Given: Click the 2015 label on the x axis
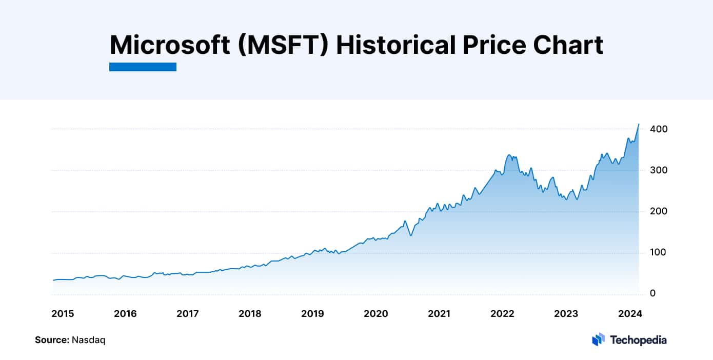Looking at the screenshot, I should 63,313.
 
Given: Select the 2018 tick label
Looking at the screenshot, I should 250,313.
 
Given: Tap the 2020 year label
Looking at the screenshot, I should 375,313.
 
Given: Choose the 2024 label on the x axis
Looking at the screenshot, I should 628,313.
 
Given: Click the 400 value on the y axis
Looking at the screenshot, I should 658,129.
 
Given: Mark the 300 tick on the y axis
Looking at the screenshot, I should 658,170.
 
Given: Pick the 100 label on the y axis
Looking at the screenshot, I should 658,253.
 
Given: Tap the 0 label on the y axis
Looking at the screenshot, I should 652,294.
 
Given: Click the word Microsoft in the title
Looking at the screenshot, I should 170,45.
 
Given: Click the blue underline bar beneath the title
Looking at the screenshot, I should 143,67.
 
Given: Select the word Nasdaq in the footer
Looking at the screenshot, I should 89,340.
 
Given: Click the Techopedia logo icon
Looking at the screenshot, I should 598,339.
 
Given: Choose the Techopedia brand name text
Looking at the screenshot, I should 638,339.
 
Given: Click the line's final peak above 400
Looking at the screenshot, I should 639,124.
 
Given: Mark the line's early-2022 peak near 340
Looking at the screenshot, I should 509,155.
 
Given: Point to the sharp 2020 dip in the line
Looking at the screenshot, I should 410,235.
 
